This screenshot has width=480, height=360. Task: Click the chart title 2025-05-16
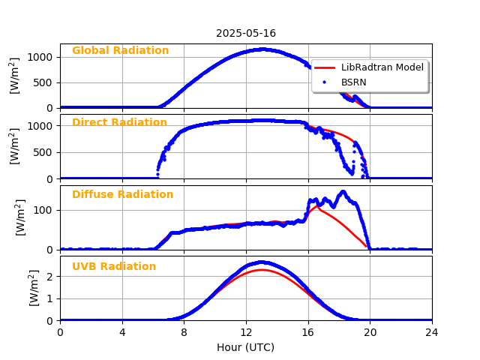tap(246, 33)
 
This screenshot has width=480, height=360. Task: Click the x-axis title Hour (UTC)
tap(246, 347)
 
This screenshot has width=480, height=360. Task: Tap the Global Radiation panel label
tap(120, 51)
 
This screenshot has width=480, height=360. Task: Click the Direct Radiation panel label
tap(119, 123)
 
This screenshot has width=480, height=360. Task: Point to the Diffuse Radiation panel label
tap(122, 195)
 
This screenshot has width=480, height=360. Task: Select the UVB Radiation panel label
tap(114, 267)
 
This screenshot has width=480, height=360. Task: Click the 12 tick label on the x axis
tap(246, 331)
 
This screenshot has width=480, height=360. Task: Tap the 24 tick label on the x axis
tap(432, 331)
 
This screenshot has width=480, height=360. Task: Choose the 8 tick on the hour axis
tap(184, 331)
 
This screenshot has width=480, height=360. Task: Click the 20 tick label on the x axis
tap(370, 331)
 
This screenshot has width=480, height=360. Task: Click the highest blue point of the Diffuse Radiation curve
tap(343, 192)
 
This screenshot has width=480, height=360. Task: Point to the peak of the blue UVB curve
tap(260, 262)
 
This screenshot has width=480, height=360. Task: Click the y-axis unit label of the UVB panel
tap(34, 288)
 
